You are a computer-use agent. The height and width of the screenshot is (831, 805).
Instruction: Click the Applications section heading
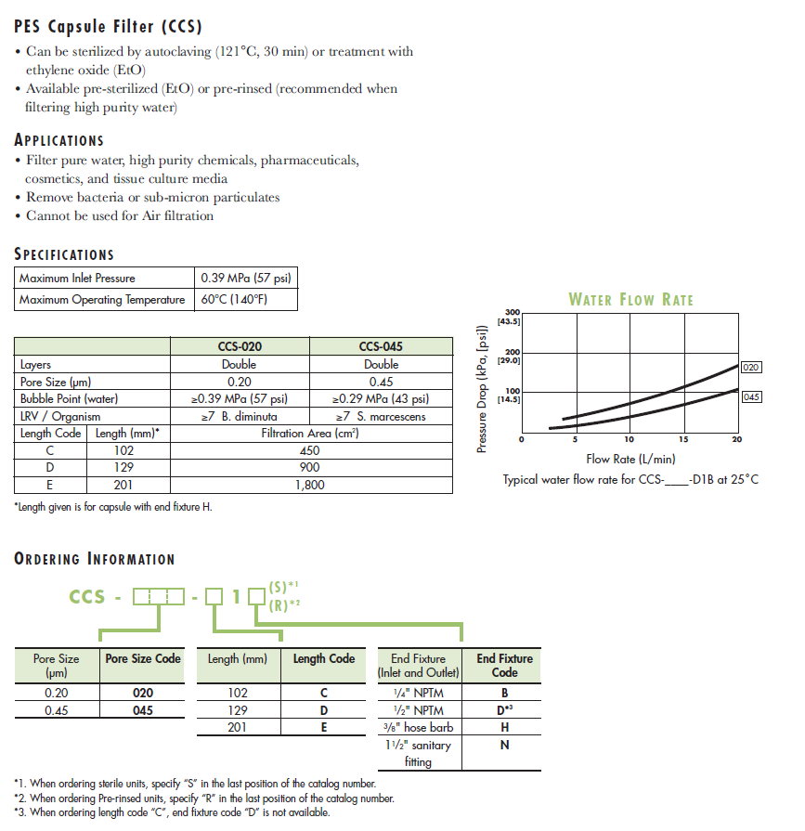pyautogui.click(x=59, y=140)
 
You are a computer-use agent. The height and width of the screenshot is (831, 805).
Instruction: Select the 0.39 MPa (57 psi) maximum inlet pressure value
pyautogui.click(x=244, y=278)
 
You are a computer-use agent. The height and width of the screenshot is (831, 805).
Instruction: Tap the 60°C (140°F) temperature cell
pyautogui.click(x=234, y=300)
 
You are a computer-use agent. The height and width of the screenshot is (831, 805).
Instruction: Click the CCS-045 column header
pyautogui.click(x=381, y=347)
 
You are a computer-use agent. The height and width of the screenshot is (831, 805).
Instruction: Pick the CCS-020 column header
pyautogui.click(x=240, y=347)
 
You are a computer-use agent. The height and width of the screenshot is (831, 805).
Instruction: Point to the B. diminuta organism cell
pyautogui.click(x=239, y=416)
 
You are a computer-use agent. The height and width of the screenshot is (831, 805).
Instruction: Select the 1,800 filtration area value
pyautogui.click(x=310, y=484)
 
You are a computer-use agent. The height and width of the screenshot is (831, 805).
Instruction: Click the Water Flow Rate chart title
pyautogui.click(x=630, y=299)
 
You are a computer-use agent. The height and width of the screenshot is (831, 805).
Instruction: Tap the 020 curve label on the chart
pyautogui.click(x=751, y=368)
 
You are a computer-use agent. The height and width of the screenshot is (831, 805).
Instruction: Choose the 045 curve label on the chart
pyautogui.click(x=751, y=396)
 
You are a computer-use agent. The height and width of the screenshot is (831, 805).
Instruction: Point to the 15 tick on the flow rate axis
pyautogui.click(x=683, y=439)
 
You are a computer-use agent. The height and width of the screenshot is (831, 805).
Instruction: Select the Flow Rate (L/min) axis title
pyautogui.click(x=630, y=459)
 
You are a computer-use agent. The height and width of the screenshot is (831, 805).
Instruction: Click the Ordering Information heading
pyautogui.click(x=95, y=559)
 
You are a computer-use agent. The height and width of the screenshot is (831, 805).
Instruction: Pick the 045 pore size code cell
pyautogui.click(x=142, y=710)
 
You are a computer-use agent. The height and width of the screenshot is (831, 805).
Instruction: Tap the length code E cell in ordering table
pyautogui.click(x=324, y=728)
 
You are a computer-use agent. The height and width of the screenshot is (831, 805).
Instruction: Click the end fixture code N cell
pyautogui.click(x=504, y=745)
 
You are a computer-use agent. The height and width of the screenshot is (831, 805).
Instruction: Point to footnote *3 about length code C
pyautogui.click(x=172, y=812)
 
